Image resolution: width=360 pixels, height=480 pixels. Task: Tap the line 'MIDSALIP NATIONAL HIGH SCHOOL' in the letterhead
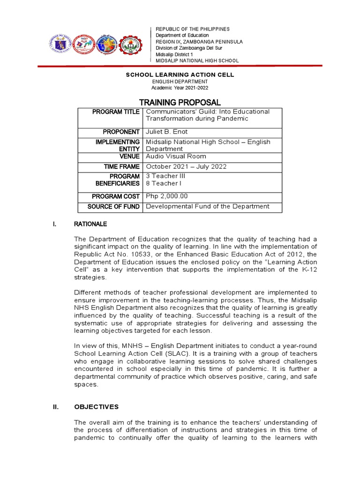pyautogui.click(x=197, y=60)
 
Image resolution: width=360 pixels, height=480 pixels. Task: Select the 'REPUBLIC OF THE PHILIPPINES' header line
pyautogui.click(x=193, y=29)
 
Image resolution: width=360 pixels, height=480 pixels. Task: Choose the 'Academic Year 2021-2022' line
pyautogui.click(x=180, y=88)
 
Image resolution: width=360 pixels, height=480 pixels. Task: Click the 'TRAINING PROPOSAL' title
pyautogui.click(x=180, y=102)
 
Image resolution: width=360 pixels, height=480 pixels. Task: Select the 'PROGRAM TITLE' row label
pyautogui.click(x=116, y=112)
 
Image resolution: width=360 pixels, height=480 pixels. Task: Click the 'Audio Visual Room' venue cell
pyautogui.click(x=176, y=157)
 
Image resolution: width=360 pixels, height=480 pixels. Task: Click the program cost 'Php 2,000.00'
pyautogui.click(x=168, y=196)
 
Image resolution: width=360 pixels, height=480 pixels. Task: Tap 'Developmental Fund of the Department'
pyautogui.click(x=208, y=206)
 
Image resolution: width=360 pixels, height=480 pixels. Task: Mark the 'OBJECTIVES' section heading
pyautogui.click(x=97, y=407)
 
